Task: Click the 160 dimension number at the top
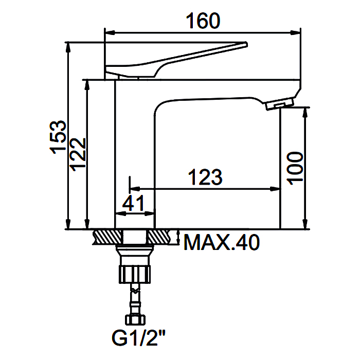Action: point(203,21)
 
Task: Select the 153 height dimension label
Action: point(58,137)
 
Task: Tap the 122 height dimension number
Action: point(78,154)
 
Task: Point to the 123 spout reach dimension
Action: point(205,177)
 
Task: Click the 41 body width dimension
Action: point(133,203)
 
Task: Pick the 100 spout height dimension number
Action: point(295,168)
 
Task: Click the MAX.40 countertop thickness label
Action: point(222,242)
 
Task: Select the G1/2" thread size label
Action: point(138,338)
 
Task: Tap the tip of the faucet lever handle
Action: point(246,44)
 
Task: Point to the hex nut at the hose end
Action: point(135,320)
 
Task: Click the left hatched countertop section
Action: point(107,237)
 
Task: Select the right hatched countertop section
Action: point(159,237)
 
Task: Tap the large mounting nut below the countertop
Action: point(135,274)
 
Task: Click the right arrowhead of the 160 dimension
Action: point(296,32)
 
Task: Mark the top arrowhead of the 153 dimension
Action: point(68,48)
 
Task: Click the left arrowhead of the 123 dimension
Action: point(135,189)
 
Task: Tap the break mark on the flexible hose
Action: point(135,291)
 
